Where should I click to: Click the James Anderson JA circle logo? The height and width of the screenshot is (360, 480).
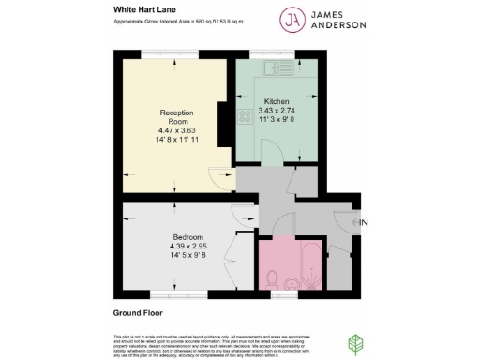pyautogui.click(x=292, y=19)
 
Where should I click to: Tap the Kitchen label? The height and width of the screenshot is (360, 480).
pyautogui.click(x=276, y=101)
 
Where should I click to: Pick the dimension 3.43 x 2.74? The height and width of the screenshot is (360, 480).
pyautogui.click(x=276, y=110)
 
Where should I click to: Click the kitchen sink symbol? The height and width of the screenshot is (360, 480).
pyautogui.click(x=280, y=67)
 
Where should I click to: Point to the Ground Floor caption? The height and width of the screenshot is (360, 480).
pyautogui.click(x=138, y=313)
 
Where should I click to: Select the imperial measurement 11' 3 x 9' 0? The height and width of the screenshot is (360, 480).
pyautogui.click(x=276, y=119)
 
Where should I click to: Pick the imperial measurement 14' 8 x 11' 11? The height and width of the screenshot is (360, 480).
pyautogui.click(x=175, y=142)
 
